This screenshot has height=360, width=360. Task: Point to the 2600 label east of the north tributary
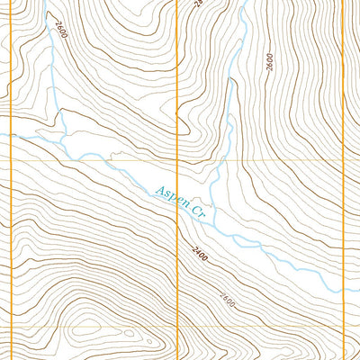tap(268, 62)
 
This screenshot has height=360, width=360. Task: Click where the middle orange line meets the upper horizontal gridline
tap(178, 161)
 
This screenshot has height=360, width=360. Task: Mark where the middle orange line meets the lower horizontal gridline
tap(178, 326)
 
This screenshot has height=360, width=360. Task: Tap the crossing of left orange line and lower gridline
tap(10, 326)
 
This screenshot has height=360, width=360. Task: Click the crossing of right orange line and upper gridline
tap(347, 161)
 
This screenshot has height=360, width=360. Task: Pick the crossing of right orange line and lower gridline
tap(347, 326)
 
